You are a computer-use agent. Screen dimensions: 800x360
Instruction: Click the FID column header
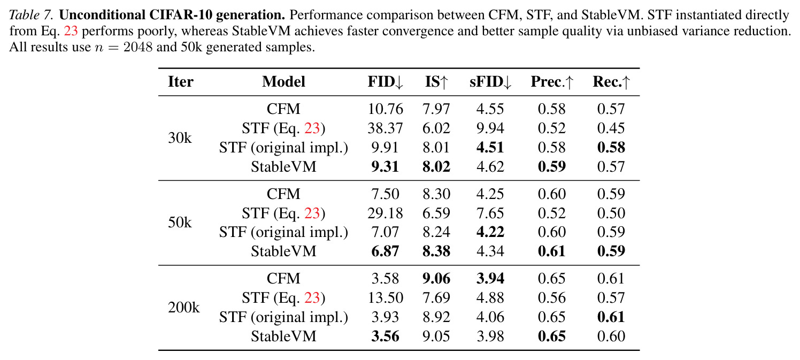[x=386, y=82]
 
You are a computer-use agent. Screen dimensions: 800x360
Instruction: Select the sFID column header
[x=490, y=82]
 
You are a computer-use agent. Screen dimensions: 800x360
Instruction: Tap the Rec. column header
[x=611, y=82]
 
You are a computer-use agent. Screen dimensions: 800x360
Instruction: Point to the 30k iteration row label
[x=180, y=138]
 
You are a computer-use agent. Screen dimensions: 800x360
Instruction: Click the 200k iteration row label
[x=183, y=308]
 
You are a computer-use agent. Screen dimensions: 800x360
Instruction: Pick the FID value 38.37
[x=386, y=128]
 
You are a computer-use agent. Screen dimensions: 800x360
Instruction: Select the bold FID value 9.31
[x=385, y=167]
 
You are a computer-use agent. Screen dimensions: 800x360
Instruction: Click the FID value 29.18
[x=386, y=213]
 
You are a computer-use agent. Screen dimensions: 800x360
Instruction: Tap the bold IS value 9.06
[x=436, y=279]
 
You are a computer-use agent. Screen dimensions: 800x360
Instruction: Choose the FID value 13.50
[x=386, y=298]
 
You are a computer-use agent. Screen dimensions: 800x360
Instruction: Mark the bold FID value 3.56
[x=385, y=336]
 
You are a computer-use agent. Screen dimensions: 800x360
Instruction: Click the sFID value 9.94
[x=490, y=128]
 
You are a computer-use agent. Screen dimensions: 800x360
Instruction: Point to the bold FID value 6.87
[x=385, y=251]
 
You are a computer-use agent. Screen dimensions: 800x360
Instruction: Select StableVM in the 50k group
[x=283, y=251]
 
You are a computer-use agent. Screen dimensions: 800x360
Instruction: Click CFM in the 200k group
[x=283, y=279]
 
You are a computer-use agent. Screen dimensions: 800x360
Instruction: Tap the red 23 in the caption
[x=71, y=31]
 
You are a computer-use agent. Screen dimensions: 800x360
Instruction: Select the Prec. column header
[x=552, y=82]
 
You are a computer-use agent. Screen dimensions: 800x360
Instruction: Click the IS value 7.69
[x=436, y=298]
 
